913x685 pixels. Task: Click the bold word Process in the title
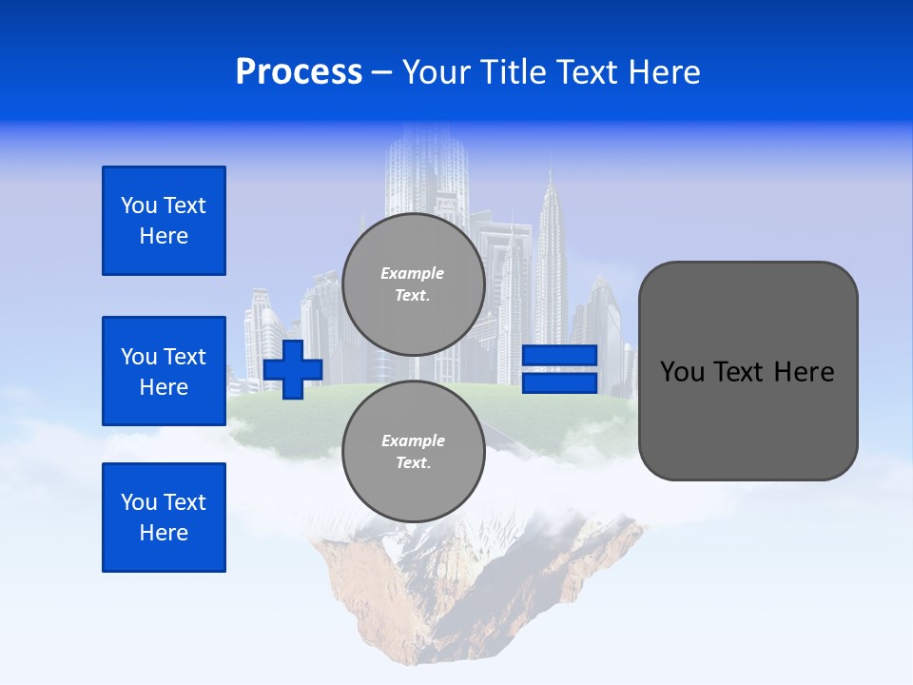(x=299, y=72)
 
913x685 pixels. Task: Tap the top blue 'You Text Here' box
(x=164, y=221)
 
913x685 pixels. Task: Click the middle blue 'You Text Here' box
(x=164, y=371)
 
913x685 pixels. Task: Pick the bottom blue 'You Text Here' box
(x=164, y=518)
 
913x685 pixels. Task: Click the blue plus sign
(x=293, y=369)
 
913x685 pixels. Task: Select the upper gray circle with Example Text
(x=413, y=284)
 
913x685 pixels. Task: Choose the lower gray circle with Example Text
(x=413, y=452)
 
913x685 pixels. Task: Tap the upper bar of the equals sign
(x=559, y=356)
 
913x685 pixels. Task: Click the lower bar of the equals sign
(x=559, y=382)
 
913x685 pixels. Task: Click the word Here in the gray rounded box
(x=804, y=372)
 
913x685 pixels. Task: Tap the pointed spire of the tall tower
(x=550, y=181)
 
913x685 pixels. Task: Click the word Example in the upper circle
(x=413, y=273)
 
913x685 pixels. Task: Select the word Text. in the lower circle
(x=413, y=463)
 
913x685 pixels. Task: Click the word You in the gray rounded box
(x=681, y=372)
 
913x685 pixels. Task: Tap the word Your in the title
(x=437, y=72)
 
